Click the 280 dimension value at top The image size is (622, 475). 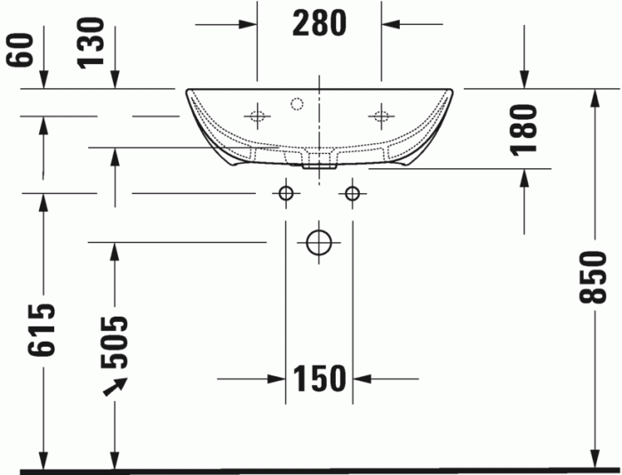point(319,24)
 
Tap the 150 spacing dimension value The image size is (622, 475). point(319,379)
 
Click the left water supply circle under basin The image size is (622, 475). point(286,193)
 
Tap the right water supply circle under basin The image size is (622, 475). point(353,193)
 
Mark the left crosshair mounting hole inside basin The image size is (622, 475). point(258,116)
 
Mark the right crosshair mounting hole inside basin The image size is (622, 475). point(382,116)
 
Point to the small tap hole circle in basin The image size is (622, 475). point(297,103)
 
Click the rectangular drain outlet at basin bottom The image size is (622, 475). point(318,161)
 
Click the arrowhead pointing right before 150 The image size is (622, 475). point(276,379)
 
